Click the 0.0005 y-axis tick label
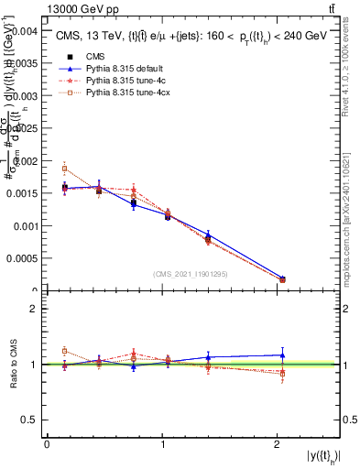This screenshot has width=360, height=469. pyautogui.click(x=22, y=258)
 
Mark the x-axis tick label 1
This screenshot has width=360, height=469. pyautogui.click(x=162, y=444)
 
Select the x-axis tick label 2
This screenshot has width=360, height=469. pyautogui.click(x=278, y=444)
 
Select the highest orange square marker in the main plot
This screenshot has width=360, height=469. pyautogui.click(x=64, y=169)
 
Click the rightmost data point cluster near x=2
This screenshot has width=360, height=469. pyautogui.click(x=282, y=278)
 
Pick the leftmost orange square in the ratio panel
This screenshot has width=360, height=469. pyautogui.click(x=64, y=351)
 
